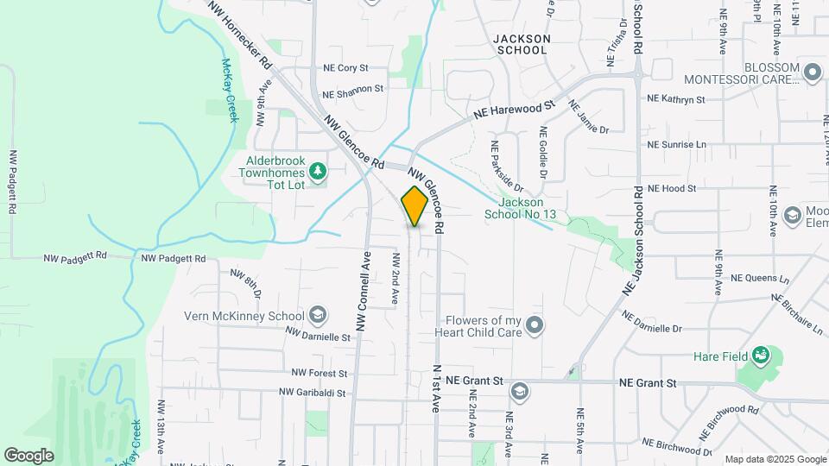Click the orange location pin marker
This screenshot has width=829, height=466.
[x=414, y=206]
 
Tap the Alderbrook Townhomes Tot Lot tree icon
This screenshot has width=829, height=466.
[x=319, y=172]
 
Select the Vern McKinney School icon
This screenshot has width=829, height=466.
[x=318, y=314]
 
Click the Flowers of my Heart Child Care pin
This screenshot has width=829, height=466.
[x=535, y=325]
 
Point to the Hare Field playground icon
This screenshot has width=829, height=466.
[x=760, y=356]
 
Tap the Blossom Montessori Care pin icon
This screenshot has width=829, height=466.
[x=812, y=72]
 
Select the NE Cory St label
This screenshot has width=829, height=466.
[x=345, y=67]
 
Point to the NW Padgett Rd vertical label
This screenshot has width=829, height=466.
[x=13, y=183]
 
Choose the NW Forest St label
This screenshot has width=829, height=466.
[x=319, y=374]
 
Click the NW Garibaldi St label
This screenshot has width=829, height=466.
[x=312, y=393]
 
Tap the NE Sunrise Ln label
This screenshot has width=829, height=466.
[x=676, y=144]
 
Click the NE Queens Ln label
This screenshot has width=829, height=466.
[x=760, y=279]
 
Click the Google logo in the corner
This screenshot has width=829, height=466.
[x=28, y=456]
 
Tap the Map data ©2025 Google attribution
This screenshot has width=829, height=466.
[x=775, y=459]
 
